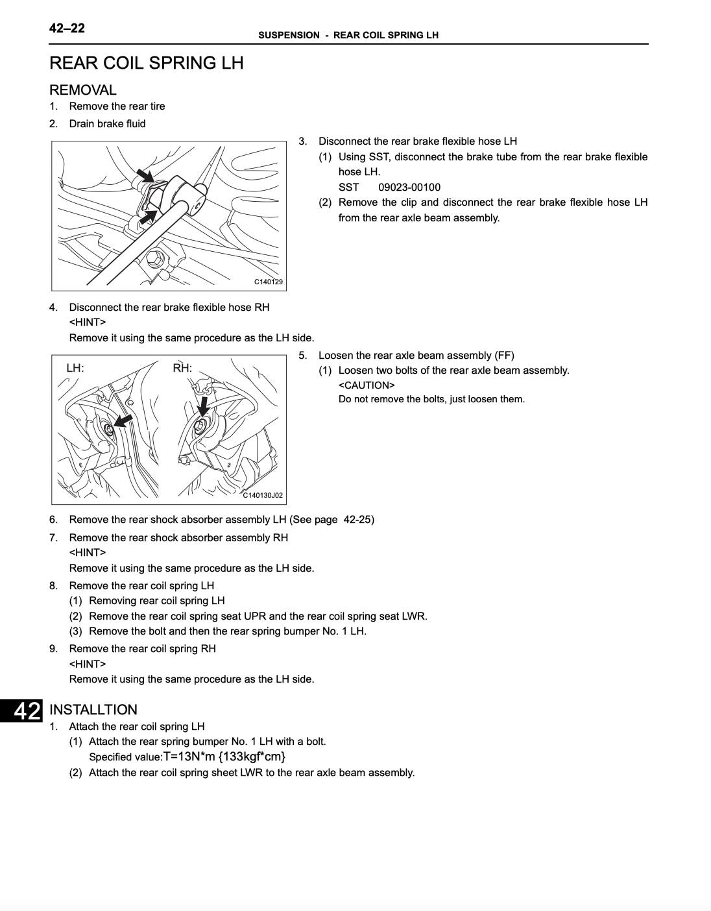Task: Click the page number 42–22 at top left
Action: pos(67,28)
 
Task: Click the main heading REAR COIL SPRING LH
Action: pos(147,63)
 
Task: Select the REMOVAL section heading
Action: pos(83,90)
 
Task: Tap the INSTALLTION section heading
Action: pos(93,709)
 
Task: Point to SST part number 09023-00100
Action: pos(409,187)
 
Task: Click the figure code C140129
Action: pos(268,282)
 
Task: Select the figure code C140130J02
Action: pos(263,495)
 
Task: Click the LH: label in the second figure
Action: pos(75,368)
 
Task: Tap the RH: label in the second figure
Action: pos(182,368)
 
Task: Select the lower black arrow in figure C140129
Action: pos(149,215)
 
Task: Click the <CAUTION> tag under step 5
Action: pos(367,385)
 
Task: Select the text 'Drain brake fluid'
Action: pos(107,123)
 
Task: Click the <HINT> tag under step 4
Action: pos(88,322)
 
